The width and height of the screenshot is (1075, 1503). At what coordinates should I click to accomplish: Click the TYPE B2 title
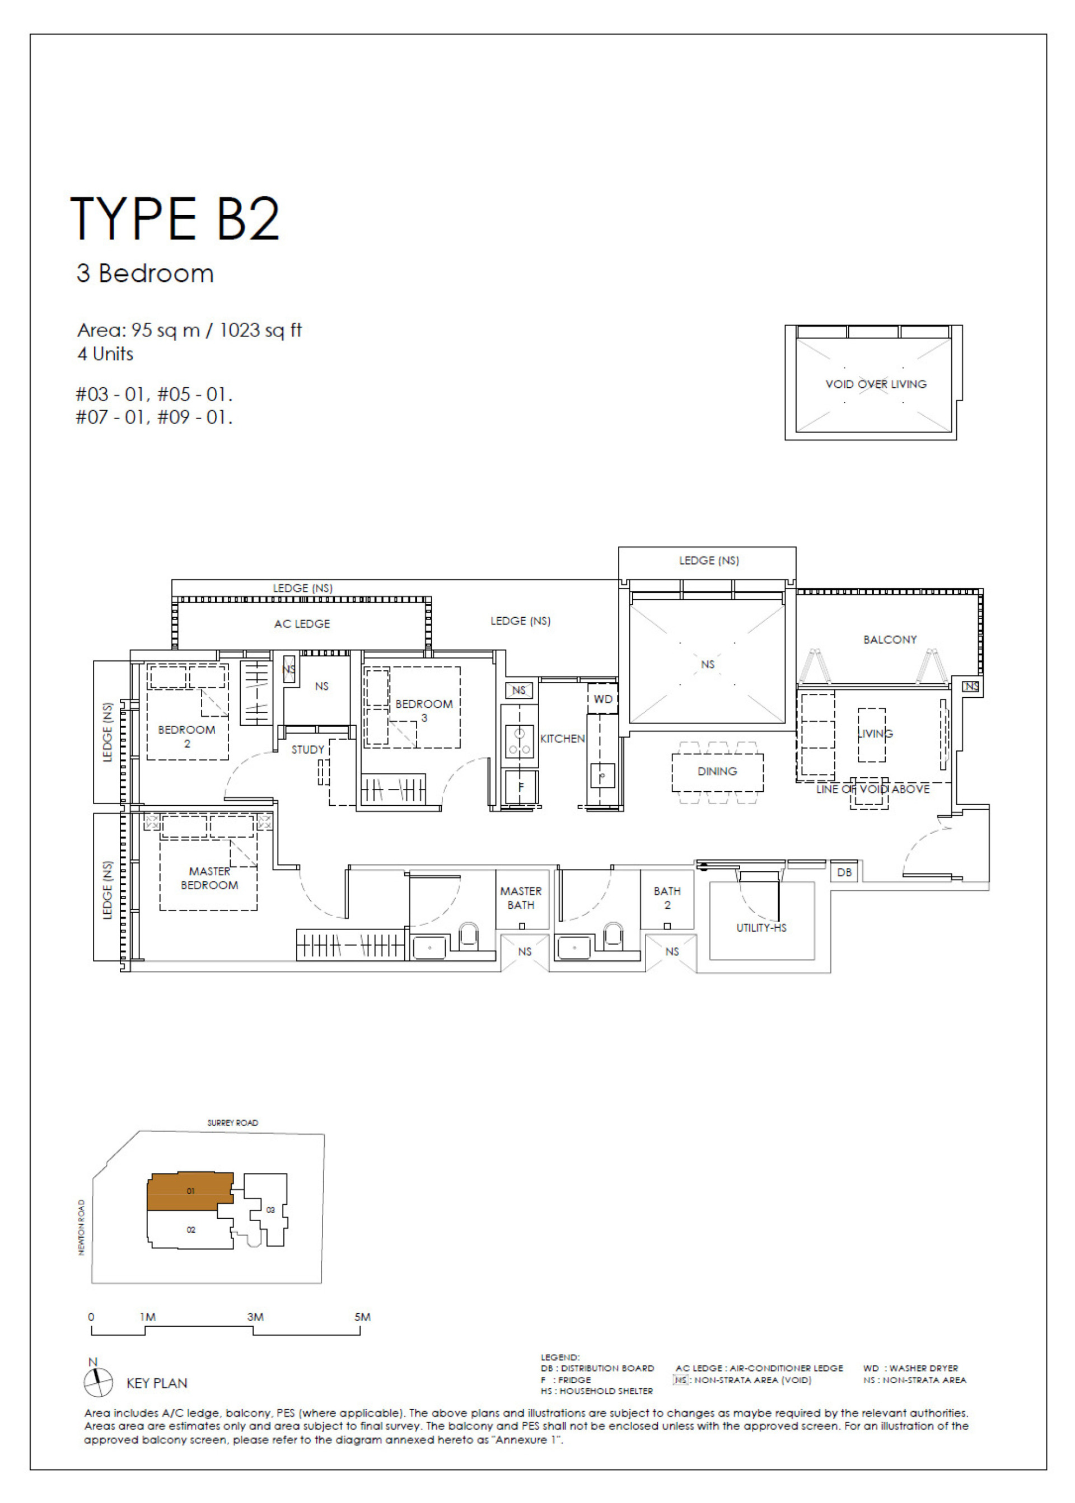(175, 218)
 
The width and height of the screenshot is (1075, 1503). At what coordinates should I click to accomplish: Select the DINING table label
(717, 771)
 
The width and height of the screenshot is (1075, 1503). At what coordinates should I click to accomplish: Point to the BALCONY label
(890, 640)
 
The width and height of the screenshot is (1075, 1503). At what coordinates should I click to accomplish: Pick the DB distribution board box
(844, 872)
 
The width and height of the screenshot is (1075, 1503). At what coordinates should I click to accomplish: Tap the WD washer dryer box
(602, 699)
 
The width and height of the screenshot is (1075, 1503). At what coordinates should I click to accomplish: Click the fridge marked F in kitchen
(520, 787)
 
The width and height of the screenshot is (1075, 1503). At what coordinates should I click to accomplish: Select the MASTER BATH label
(521, 898)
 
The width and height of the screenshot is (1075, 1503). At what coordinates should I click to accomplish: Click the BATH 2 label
(667, 898)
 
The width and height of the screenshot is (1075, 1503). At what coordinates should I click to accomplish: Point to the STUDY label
(308, 749)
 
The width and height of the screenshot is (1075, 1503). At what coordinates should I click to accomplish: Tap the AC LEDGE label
(302, 624)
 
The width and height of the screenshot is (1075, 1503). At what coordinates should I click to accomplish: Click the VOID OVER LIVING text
(875, 384)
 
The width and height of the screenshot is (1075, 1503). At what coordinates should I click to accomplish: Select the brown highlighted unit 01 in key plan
(189, 1191)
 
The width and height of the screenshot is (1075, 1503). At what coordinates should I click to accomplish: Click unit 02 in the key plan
(190, 1230)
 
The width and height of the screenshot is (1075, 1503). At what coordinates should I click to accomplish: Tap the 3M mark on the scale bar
(255, 1317)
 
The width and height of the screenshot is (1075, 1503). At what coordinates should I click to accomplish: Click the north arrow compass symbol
(98, 1383)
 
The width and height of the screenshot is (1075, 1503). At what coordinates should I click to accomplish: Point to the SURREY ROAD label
(232, 1122)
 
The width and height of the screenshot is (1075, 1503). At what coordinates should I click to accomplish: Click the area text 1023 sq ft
(260, 330)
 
